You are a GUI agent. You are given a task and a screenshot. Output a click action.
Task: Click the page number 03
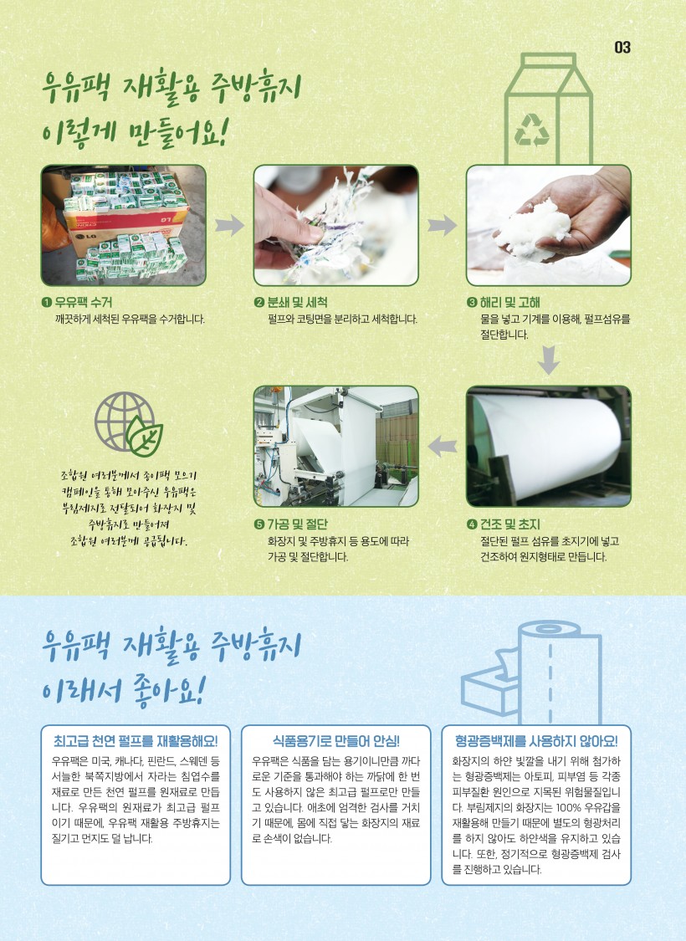(622, 47)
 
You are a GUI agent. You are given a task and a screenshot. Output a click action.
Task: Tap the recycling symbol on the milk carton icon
(532, 130)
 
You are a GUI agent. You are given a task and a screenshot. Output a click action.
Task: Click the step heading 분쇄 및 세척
(297, 302)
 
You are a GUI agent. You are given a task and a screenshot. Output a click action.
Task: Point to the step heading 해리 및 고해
(510, 302)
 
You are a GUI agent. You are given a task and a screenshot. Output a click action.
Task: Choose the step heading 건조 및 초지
(510, 524)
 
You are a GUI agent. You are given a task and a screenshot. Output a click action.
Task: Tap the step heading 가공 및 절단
(297, 524)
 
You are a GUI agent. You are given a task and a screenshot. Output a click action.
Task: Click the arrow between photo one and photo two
(229, 226)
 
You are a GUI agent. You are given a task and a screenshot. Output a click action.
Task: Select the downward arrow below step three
(549, 360)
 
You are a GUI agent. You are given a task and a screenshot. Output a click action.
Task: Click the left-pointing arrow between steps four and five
(443, 446)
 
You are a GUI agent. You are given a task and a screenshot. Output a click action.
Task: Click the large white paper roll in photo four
(546, 444)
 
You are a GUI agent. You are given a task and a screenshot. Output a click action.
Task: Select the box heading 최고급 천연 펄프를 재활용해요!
(136, 741)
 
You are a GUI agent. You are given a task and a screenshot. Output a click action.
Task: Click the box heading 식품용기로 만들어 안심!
(336, 741)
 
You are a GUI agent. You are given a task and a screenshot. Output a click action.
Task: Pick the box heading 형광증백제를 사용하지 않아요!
(536, 741)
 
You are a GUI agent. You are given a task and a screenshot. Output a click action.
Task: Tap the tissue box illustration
(489, 684)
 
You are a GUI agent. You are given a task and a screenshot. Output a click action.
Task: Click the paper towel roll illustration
(558, 673)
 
